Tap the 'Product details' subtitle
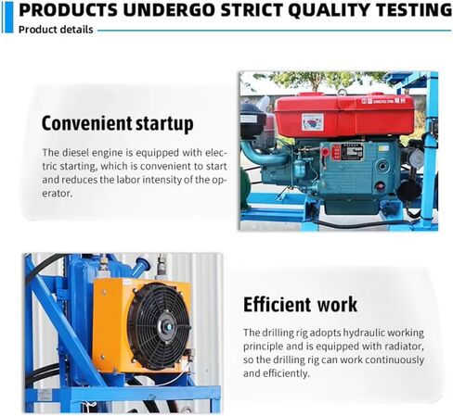56,30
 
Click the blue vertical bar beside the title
9,18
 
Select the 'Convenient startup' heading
118,123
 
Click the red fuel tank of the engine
344,116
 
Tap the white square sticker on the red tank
313,121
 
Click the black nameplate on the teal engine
352,152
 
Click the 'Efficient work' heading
300,305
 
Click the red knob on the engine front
325,152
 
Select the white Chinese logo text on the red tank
383,101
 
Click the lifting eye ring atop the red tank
342,92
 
